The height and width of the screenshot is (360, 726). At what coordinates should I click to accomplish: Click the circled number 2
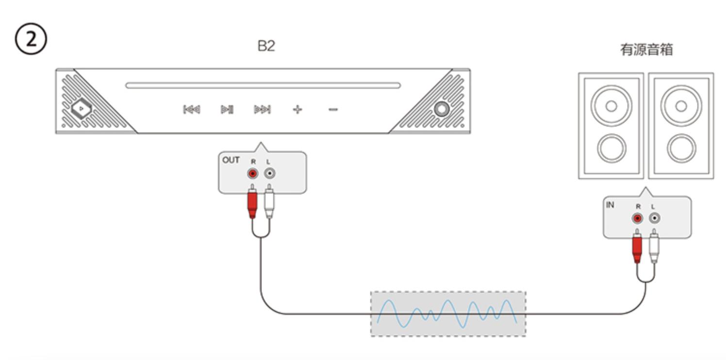point(31,39)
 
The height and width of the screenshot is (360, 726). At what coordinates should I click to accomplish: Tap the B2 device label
point(266,46)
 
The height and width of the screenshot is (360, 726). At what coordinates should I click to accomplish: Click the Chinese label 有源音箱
point(646,49)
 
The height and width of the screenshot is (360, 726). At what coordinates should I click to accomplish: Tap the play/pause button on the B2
point(227,110)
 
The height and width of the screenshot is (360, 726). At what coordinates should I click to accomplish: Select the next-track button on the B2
point(262,110)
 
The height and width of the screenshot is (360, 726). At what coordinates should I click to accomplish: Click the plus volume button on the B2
point(297,110)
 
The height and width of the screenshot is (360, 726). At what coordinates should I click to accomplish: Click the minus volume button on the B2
point(333,110)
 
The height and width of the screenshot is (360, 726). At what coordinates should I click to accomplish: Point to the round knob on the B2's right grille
point(442,109)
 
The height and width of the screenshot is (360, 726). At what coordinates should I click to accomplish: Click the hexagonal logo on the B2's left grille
point(81,109)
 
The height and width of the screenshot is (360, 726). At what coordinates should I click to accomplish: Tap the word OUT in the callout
point(231,160)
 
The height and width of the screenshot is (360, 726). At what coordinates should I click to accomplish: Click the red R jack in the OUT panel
point(253,174)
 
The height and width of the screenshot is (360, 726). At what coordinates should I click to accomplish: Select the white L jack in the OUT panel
point(270,174)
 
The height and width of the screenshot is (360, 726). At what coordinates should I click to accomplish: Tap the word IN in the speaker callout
point(610,205)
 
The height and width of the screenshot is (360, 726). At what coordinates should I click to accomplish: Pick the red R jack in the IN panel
point(638,218)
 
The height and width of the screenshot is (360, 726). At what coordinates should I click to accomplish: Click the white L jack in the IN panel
point(655,218)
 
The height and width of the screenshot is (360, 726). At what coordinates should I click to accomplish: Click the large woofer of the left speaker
point(611,106)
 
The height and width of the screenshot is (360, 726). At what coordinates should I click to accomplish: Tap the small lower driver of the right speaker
point(681,148)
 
